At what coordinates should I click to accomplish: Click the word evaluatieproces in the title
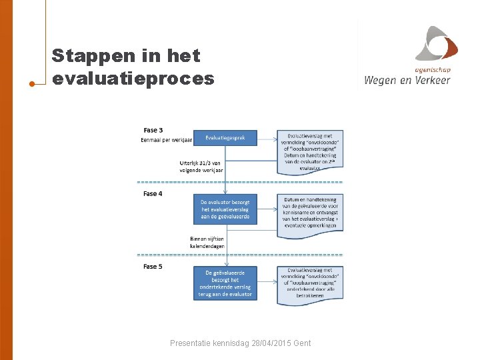pyautogui.click(x=133, y=79)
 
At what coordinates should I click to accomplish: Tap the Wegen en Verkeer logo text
pyautogui.click(x=407, y=81)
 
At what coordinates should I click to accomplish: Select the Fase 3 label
pyautogui.click(x=153, y=130)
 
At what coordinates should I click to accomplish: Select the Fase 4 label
pyautogui.click(x=153, y=194)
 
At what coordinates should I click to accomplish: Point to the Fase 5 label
pyautogui.click(x=153, y=267)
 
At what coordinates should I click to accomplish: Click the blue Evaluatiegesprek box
pyautogui.click(x=225, y=138)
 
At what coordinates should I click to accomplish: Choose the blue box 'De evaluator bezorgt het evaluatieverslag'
pyautogui.click(x=225, y=209)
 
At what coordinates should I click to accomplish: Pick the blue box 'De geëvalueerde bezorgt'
pyautogui.click(x=225, y=283)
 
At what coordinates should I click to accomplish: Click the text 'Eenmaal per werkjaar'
pyautogui.click(x=166, y=140)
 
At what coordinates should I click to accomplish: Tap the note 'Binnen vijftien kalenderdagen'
pyautogui.click(x=207, y=242)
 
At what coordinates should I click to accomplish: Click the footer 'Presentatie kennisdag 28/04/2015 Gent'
pyautogui.click(x=240, y=343)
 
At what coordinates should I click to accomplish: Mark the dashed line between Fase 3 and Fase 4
pyautogui.click(x=240, y=182)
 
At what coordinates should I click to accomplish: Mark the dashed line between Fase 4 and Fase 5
pyautogui.click(x=240, y=255)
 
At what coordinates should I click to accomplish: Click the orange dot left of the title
pyautogui.click(x=32, y=84)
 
